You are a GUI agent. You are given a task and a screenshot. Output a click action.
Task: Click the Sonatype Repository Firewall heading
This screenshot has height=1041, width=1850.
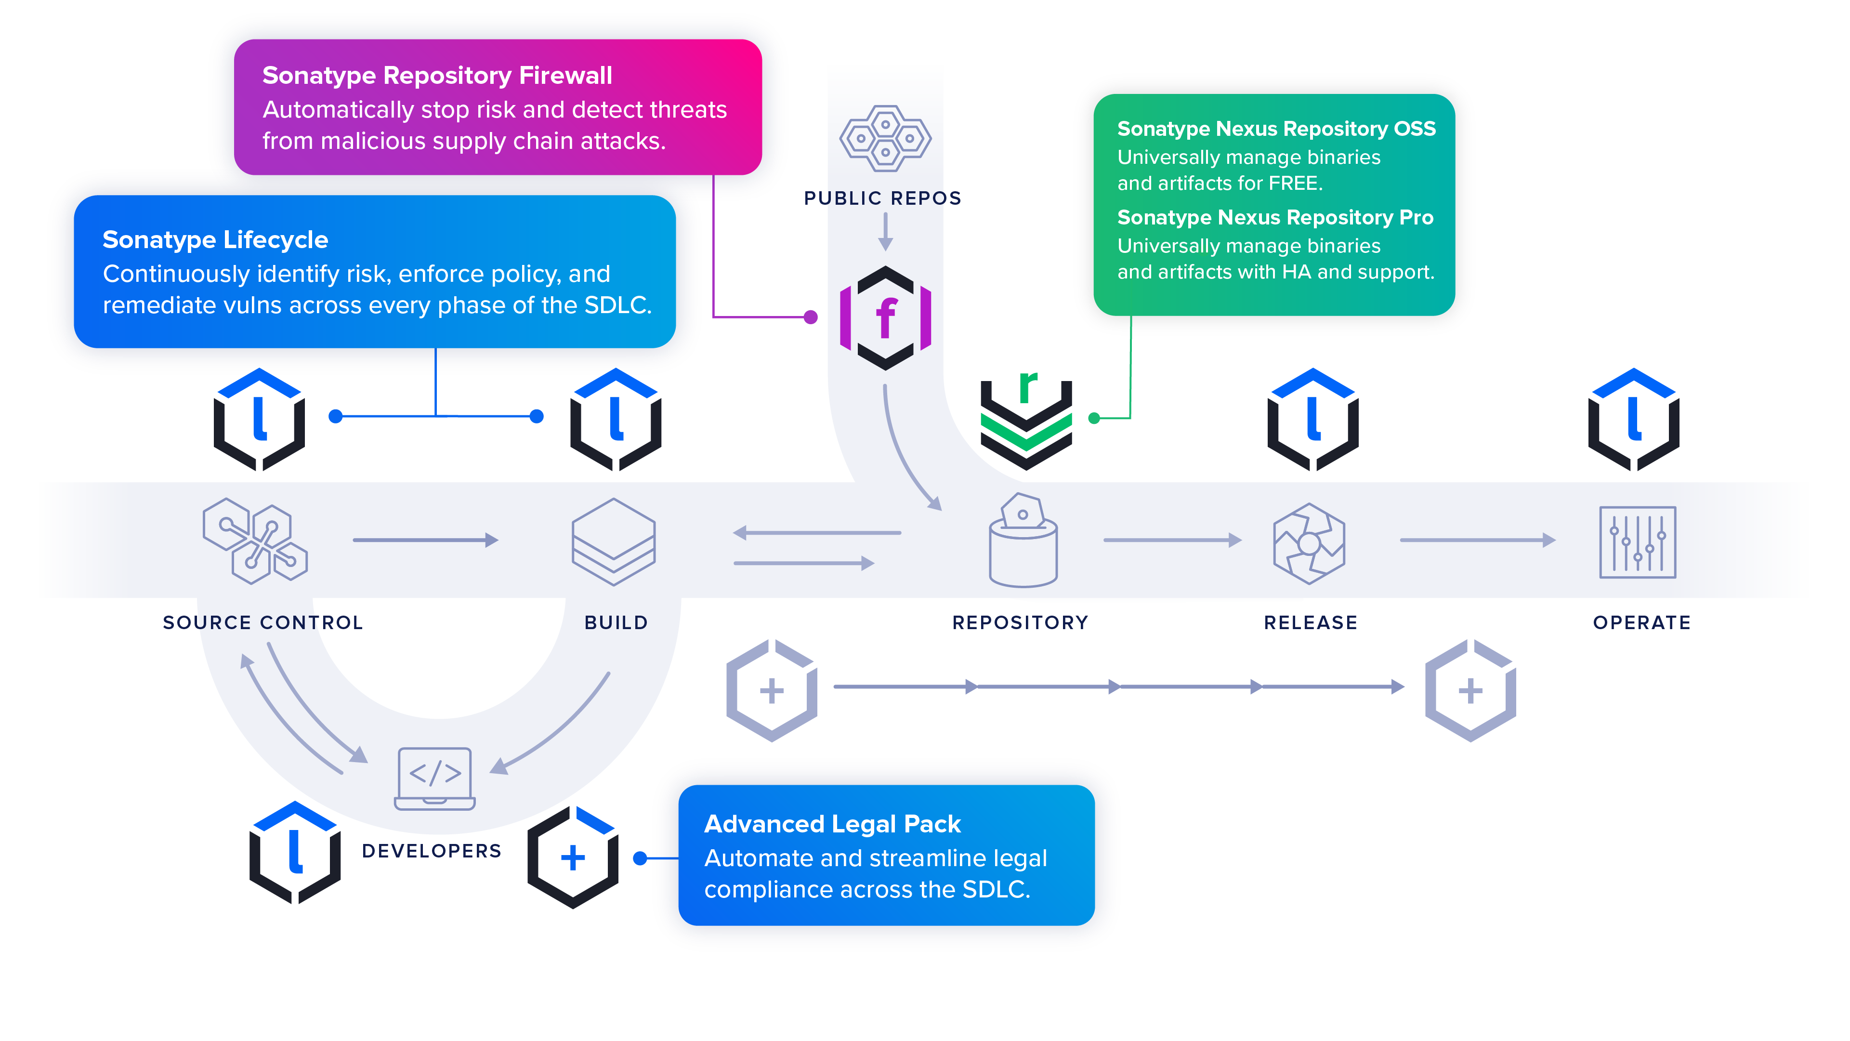(437, 76)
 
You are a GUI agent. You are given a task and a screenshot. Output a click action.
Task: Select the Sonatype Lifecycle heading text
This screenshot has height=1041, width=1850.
(215, 239)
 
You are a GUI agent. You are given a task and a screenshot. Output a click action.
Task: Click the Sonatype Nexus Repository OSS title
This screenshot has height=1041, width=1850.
(1275, 129)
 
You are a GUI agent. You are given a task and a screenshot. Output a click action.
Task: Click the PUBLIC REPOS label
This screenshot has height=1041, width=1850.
(882, 198)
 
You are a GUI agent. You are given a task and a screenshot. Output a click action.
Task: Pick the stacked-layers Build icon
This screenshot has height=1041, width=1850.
(613, 541)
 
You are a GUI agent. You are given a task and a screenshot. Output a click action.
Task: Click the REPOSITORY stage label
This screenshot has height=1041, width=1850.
(1020, 622)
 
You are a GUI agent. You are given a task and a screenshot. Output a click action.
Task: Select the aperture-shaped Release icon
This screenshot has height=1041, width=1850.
(1309, 543)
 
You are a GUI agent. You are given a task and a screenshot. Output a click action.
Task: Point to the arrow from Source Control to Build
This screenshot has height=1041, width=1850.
(425, 540)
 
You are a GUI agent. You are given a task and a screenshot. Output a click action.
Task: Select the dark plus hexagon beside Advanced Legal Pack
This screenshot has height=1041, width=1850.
(572, 857)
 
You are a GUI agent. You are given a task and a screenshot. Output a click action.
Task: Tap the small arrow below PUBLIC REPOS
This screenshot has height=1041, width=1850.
(885, 231)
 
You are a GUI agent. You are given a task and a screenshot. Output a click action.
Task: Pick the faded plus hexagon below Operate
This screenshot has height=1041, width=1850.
(1470, 690)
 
